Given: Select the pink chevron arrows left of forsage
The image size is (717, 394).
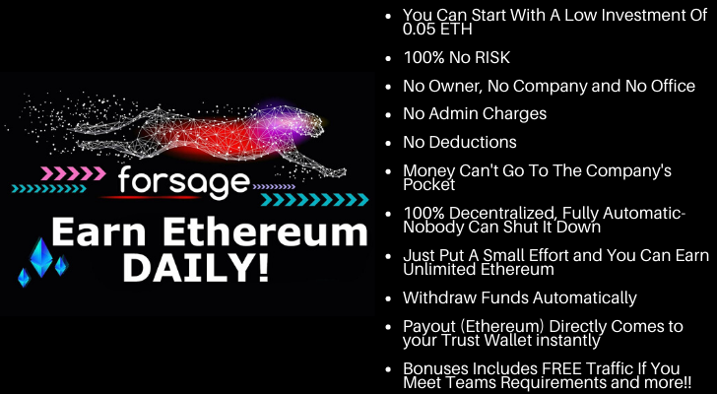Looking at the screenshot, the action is [x=73, y=173].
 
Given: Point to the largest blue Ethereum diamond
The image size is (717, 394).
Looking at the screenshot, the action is [x=41, y=257].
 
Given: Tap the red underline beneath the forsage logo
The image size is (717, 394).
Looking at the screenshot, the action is [x=150, y=197].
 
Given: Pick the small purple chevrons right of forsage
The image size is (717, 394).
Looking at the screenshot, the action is [x=274, y=186].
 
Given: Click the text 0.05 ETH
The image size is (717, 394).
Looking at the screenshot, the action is [x=437, y=30].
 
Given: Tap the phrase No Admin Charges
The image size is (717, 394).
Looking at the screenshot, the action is [x=475, y=114].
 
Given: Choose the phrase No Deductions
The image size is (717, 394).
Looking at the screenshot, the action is [x=460, y=142].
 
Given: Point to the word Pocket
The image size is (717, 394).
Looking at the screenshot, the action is [x=429, y=184].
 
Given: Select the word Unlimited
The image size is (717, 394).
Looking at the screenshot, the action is [x=439, y=269].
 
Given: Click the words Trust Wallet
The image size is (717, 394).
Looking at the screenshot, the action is [x=487, y=340].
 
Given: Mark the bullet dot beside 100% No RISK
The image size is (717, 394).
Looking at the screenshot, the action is [x=389, y=58].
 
